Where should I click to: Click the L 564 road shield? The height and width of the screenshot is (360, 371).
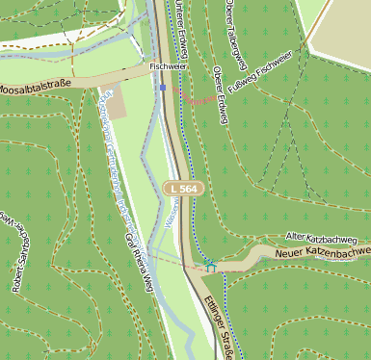(182, 189)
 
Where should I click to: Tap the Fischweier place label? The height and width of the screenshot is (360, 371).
(168, 66)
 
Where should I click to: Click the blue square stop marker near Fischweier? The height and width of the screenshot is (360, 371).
(164, 87)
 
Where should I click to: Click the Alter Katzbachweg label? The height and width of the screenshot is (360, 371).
(322, 237)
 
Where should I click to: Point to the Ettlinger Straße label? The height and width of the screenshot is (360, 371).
(225, 327)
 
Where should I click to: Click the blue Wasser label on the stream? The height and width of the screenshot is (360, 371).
(169, 219)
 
